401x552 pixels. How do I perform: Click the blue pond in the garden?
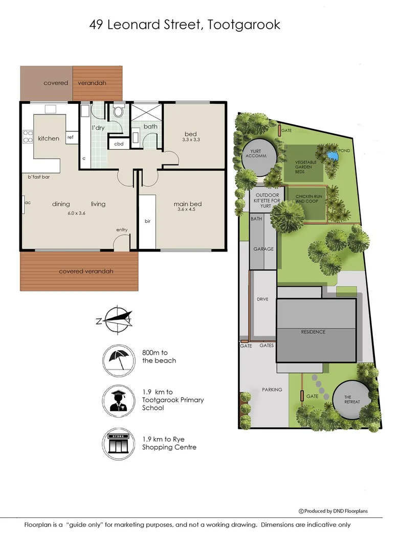click(332, 154)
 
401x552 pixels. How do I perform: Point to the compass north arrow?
click(117, 320)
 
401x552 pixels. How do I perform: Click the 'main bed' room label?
click(187, 204)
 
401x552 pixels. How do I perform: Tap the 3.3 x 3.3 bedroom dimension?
click(190, 140)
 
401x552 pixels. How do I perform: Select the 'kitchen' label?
click(49, 139)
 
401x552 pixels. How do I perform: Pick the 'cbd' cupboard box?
click(119, 144)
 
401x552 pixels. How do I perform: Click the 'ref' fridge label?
click(70, 137)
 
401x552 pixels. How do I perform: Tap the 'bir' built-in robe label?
click(147, 221)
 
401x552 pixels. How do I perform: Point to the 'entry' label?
click(122, 230)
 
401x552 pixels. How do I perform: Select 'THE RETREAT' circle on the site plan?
click(351, 399)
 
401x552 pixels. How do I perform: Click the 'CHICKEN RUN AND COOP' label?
click(306, 198)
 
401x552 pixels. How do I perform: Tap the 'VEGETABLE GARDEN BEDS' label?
click(306, 168)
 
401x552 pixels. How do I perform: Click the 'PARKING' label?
click(272, 389)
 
